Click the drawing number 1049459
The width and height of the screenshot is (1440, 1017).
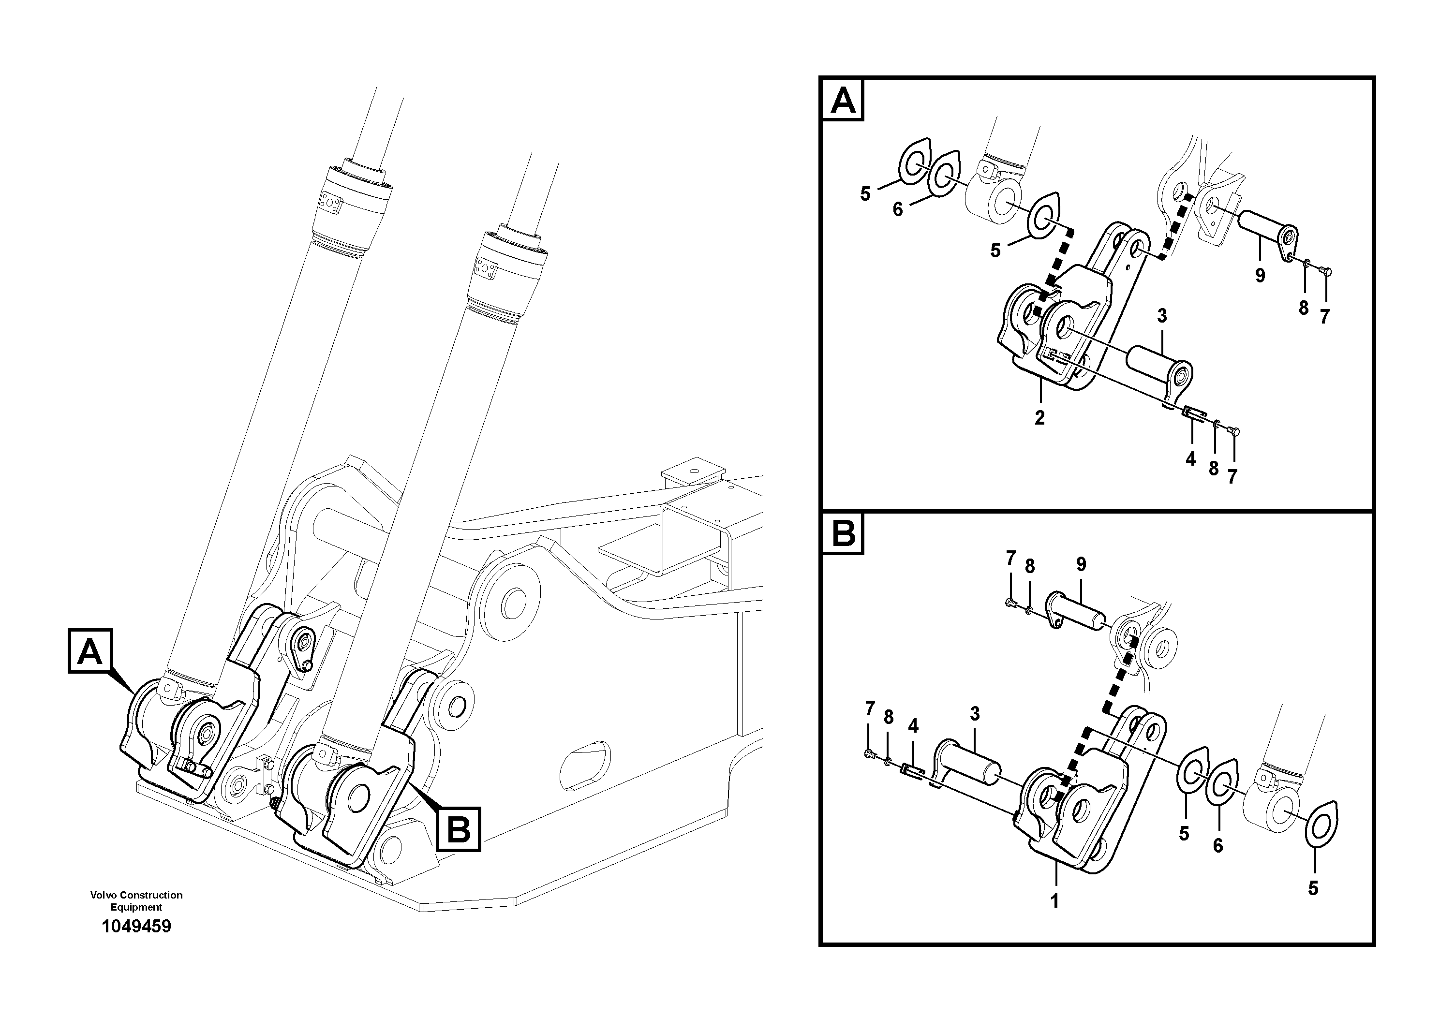[136, 926]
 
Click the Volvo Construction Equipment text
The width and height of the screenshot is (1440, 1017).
[136, 900]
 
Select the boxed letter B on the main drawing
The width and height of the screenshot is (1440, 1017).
[459, 829]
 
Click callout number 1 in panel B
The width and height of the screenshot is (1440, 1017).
[1054, 901]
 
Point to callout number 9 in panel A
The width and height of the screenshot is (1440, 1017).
[1260, 275]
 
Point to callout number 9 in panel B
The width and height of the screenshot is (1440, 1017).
[1081, 564]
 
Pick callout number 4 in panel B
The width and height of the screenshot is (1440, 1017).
[913, 726]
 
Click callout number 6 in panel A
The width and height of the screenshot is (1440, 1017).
[897, 209]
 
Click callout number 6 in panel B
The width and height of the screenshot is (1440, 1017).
[1217, 846]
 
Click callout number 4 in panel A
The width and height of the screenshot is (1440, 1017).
[1190, 459]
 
